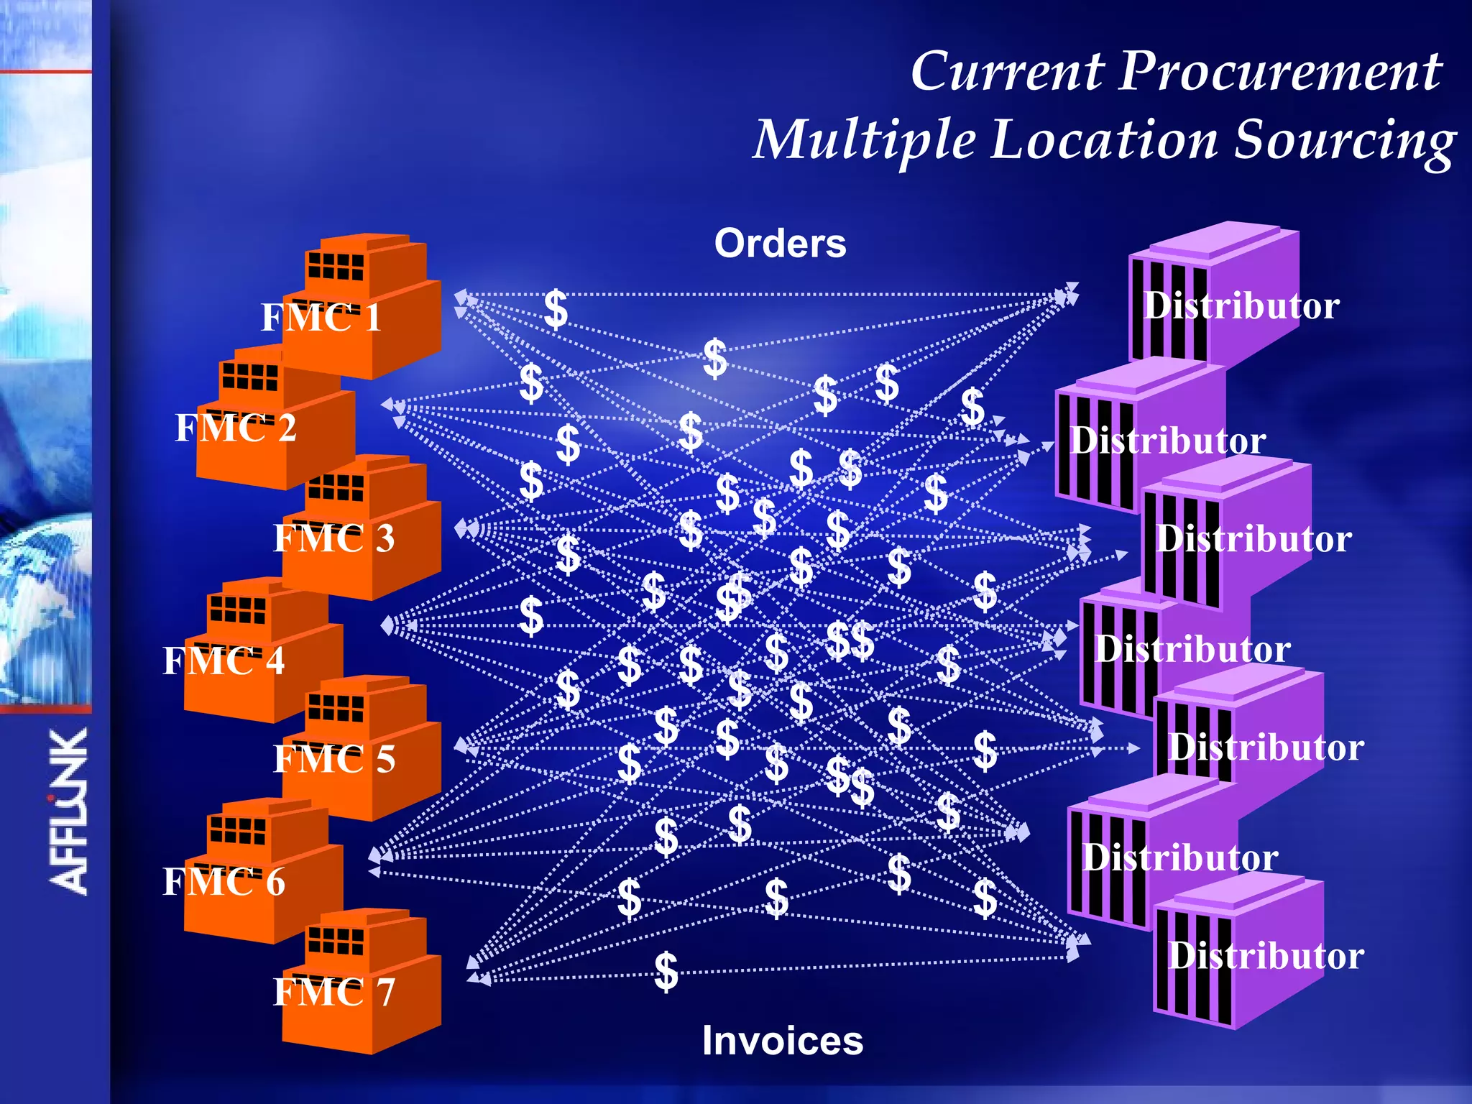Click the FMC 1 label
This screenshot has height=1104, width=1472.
pyautogui.click(x=321, y=317)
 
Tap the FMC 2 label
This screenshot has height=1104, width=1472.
pyautogui.click(x=236, y=428)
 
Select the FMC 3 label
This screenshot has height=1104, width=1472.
pyautogui.click(x=333, y=538)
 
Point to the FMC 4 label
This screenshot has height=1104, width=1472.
pyautogui.click(x=224, y=661)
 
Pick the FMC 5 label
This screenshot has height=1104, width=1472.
pyautogui.click(x=333, y=759)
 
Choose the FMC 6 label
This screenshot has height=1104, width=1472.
pyautogui.click(x=224, y=882)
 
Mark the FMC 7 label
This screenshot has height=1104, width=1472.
pyautogui.click(x=333, y=992)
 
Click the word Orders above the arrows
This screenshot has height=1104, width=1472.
pyautogui.click(x=780, y=243)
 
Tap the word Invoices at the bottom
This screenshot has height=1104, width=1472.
pyautogui.click(x=782, y=1041)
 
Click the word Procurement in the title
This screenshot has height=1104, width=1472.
pyautogui.click(x=1279, y=72)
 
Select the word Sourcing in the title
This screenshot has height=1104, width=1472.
pyautogui.click(x=1344, y=140)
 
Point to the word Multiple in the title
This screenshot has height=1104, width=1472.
pyautogui.click(x=862, y=140)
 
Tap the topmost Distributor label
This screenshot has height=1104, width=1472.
pyautogui.click(x=1241, y=305)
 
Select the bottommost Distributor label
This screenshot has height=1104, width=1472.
pyautogui.click(x=1265, y=956)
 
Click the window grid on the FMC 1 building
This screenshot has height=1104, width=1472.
pyautogui.click(x=335, y=266)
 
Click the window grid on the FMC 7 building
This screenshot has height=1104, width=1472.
pyautogui.click(x=335, y=940)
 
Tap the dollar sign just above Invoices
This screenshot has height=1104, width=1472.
pyautogui.click(x=666, y=971)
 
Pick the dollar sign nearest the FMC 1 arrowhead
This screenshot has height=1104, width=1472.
pyautogui.click(x=556, y=309)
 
